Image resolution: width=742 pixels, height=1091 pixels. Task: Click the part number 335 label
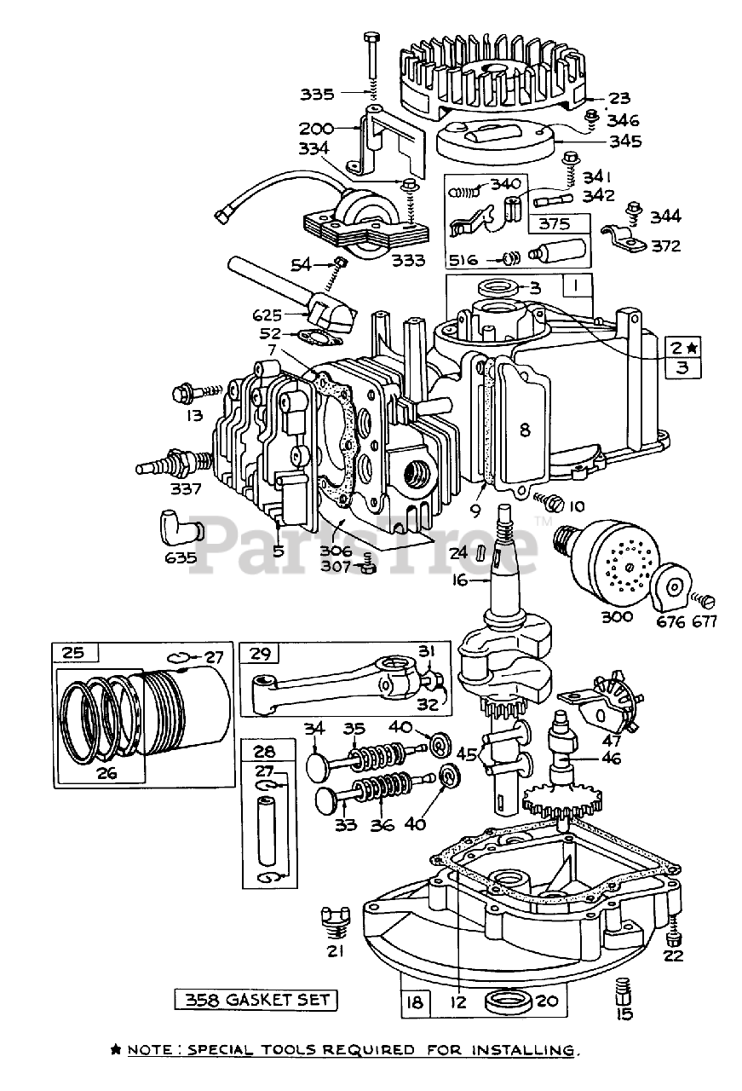[317, 94]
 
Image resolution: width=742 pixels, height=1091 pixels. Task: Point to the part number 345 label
[625, 141]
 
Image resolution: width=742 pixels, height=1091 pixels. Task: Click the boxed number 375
[555, 223]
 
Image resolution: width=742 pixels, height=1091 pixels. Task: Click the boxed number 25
[73, 652]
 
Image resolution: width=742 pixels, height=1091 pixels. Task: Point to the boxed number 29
[260, 653]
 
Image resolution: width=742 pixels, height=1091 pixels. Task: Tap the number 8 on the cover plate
[525, 430]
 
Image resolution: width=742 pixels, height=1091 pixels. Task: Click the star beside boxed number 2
[693, 348]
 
